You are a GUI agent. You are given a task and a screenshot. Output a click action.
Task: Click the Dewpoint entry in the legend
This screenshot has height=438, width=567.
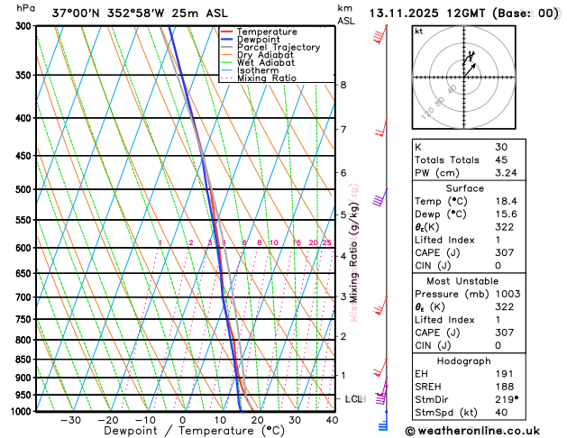tap(256, 40)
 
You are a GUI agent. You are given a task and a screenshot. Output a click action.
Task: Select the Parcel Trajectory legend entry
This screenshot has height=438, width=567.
tap(278, 47)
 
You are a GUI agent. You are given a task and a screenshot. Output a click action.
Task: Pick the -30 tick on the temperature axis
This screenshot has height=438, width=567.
tap(70, 419)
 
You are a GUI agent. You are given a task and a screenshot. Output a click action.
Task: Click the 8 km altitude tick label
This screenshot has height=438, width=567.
tap(343, 85)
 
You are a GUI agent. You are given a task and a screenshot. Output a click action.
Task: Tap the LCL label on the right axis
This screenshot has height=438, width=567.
tap(354, 398)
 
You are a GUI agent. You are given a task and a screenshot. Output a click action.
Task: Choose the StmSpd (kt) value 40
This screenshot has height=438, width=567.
tap(501, 413)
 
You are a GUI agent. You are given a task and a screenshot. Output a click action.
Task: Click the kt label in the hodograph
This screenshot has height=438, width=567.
tap(418, 32)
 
